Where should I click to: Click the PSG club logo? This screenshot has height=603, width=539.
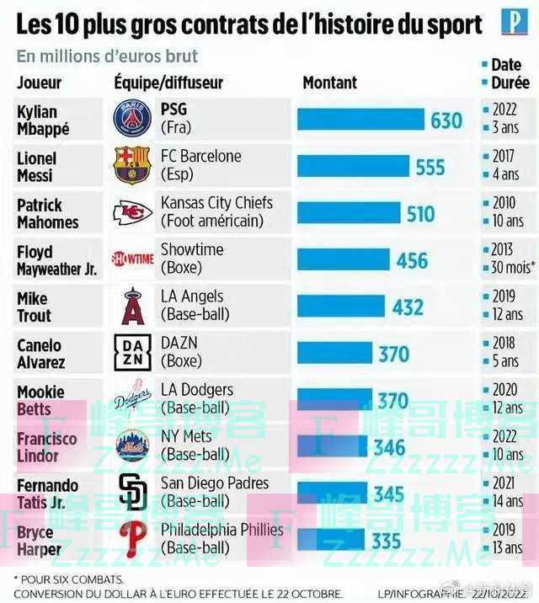[x=132, y=119]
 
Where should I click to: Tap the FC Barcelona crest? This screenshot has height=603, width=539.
[x=132, y=165]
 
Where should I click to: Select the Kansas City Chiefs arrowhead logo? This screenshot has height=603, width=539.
[x=132, y=212]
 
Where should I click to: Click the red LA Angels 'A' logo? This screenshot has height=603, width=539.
[x=132, y=306]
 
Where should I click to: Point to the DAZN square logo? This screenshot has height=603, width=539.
[x=132, y=353]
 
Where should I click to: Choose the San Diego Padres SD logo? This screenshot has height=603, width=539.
[x=132, y=493]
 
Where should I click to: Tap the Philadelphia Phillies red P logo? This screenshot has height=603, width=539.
[x=132, y=539]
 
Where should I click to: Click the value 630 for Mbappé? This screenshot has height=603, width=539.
[x=446, y=120]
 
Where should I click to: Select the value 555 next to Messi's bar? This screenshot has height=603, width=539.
[x=430, y=167]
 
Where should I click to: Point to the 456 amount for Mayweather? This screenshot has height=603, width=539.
[x=412, y=260]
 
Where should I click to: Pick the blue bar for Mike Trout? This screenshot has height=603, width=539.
[x=341, y=307]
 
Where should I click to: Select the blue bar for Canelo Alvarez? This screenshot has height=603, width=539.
[x=335, y=354]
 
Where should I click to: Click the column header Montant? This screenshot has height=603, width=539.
[x=329, y=83]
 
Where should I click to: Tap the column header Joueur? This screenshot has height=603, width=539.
[x=39, y=83]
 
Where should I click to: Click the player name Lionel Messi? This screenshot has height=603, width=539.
[x=37, y=167]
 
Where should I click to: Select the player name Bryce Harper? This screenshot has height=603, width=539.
[x=39, y=541]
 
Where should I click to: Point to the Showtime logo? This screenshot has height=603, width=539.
[x=132, y=259]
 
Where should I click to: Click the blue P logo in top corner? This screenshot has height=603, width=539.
[x=514, y=22]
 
